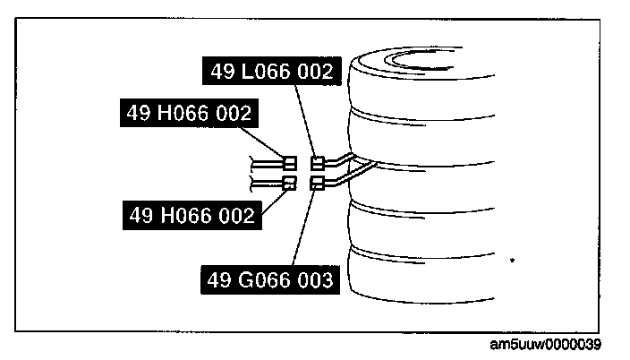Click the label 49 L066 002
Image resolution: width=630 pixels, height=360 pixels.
click(273, 71)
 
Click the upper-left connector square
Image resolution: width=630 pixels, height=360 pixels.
click(289, 163)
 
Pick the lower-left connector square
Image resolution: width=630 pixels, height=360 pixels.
click(289, 184)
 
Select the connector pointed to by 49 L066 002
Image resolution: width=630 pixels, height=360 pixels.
click(317, 163)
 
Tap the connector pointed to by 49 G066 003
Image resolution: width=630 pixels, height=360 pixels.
click(317, 184)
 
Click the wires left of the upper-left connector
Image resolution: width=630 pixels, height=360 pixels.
click(267, 162)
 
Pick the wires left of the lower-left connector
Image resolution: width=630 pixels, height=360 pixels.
click(267, 184)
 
